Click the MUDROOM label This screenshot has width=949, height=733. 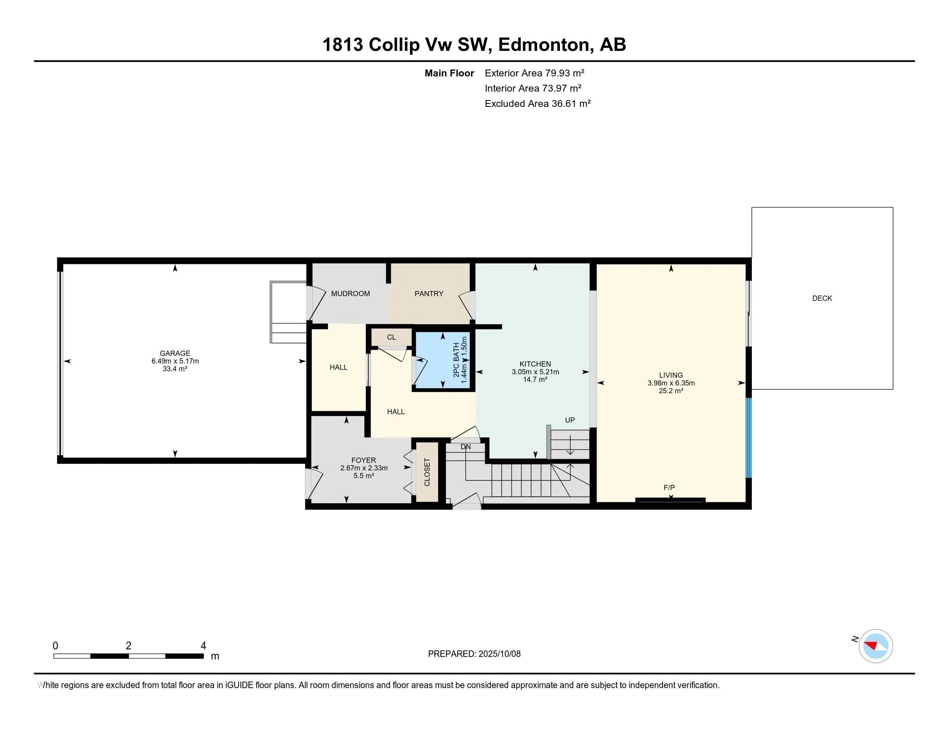click(x=350, y=294)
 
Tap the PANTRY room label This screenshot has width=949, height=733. click(x=428, y=294)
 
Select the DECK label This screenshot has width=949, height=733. click(x=822, y=298)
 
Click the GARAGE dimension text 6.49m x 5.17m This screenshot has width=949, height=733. click(x=175, y=361)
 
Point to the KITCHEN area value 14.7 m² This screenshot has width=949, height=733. click(x=535, y=379)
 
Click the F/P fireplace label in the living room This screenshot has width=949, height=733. click(x=669, y=488)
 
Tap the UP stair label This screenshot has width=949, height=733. click(x=570, y=420)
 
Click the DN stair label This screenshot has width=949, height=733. click(x=465, y=446)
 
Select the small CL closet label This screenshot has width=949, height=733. click(x=391, y=337)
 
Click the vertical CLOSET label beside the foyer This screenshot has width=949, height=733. click(x=427, y=472)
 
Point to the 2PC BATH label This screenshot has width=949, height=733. click(x=456, y=360)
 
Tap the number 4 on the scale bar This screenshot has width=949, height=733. click(x=203, y=646)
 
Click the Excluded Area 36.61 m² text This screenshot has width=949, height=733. click(x=537, y=104)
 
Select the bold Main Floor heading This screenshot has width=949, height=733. click(x=449, y=73)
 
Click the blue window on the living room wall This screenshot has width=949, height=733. click(x=749, y=438)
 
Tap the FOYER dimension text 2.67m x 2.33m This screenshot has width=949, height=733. click(x=364, y=468)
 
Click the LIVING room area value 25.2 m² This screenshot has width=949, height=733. click(x=671, y=391)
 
